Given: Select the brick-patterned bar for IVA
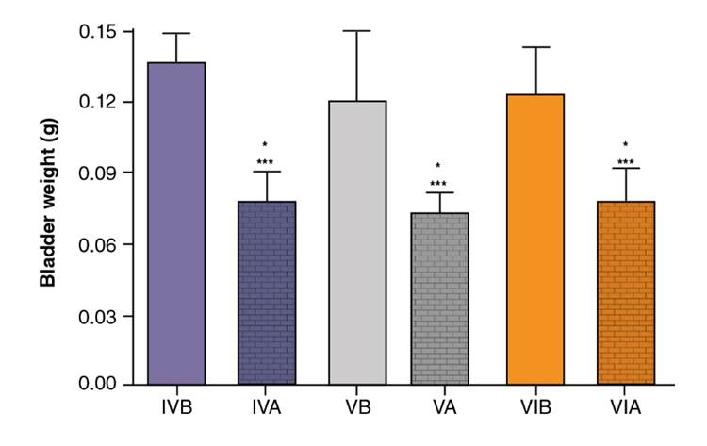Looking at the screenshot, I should click(x=267, y=293).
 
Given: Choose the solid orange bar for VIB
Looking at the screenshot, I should click(x=536, y=240).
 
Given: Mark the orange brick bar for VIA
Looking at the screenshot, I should click(x=626, y=293).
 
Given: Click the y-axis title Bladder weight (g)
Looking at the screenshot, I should click(x=45, y=208).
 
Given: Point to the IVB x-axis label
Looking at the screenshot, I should click(x=177, y=408).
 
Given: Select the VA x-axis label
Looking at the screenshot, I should click(x=447, y=408).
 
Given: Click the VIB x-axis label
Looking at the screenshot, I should click(x=536, y=408).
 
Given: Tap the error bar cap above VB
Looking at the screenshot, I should click(x=357, y=31).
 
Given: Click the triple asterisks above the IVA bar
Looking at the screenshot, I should click(x=266, y=161).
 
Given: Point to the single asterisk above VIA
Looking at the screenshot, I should click(x=625, y=145).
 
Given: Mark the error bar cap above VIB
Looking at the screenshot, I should click(x=536, y=47).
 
